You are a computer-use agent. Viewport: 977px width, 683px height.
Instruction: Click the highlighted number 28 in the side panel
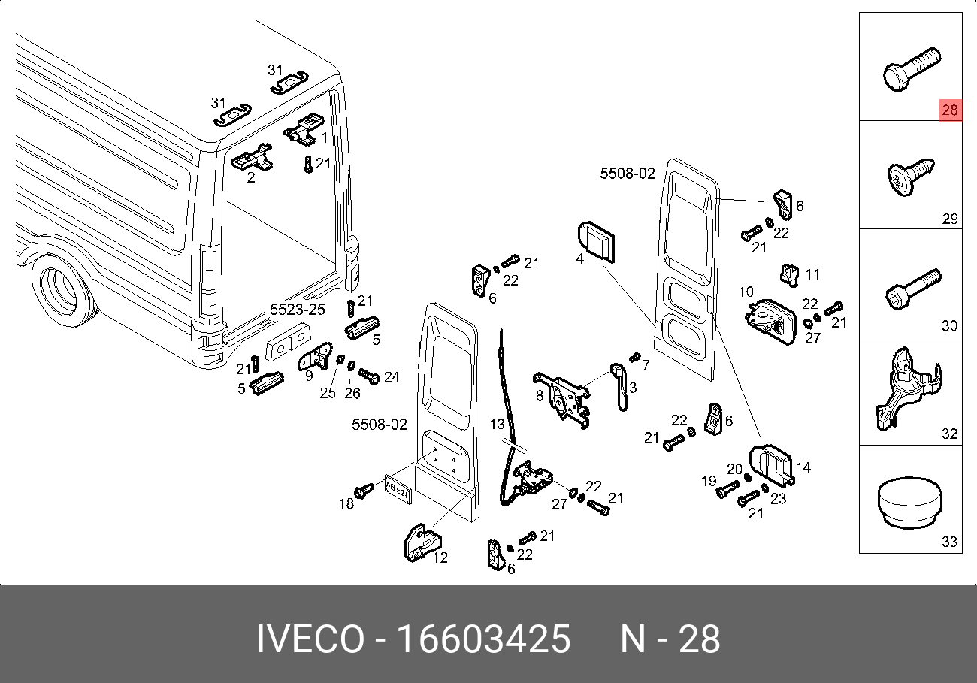click(950, 110)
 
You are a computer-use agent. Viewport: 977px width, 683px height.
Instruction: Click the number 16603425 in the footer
click(482, 639)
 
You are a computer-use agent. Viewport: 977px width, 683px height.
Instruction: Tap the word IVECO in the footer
click(309, 639)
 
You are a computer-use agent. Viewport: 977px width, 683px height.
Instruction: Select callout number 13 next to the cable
click(498, 425)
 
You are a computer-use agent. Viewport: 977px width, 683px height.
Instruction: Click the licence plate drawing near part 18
click(397, 488)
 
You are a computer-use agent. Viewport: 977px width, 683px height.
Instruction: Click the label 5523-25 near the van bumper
click(298, 310)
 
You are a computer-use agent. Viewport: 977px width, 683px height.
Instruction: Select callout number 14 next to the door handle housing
click(803, 467)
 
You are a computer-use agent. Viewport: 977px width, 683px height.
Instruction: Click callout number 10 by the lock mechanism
click(746, 292)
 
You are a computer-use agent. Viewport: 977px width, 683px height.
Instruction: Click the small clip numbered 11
click(790, 274)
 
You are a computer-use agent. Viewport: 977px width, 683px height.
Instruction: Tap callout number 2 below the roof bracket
click(251, 177)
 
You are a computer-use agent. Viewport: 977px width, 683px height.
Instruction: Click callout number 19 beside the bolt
click(709, 482)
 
